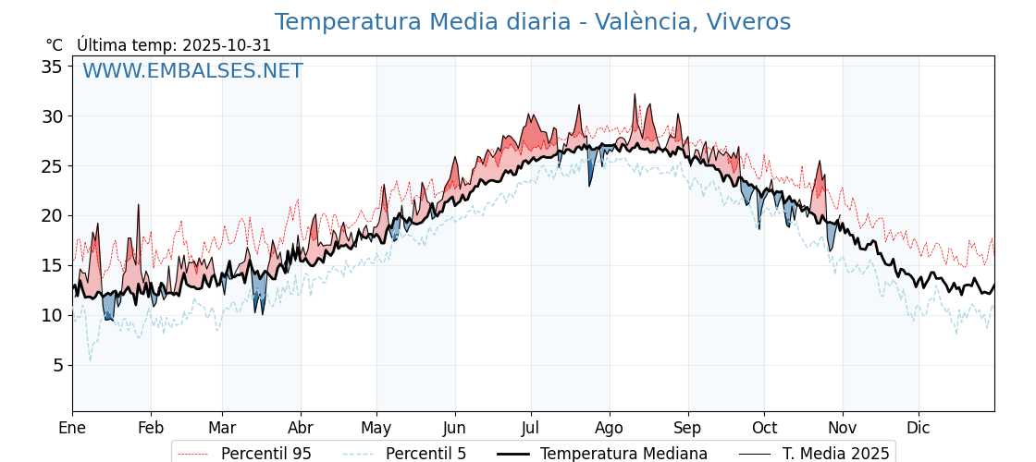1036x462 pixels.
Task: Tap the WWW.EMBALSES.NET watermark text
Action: pos(192,71)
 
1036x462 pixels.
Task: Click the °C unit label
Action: pos(54,45)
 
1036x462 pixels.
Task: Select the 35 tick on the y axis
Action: pos(52,67)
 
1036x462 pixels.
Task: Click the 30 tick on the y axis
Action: pos(52,116)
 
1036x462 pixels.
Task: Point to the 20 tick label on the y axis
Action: pos(52,215)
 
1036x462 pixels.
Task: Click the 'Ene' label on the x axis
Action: pos(72,428)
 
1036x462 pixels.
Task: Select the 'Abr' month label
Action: pos(301,428)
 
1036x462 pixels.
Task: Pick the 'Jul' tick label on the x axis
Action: pos(531,428)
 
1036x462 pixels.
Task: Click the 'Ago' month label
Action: pos(610,428)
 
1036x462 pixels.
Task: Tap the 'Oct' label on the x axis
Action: pos(764,428)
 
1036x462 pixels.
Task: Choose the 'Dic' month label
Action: pos(919,428)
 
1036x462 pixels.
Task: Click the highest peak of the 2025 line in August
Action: pos(635,94)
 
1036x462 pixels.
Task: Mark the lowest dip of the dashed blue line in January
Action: pos(90,360)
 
